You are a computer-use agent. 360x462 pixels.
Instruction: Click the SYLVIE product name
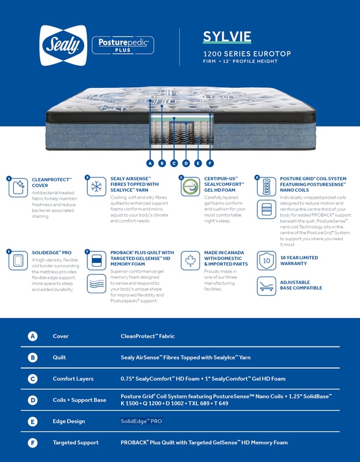tap(227, 37)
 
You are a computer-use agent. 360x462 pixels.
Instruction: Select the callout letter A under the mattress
tap(150, 163)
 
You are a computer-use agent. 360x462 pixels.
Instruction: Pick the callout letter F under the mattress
tap(209, 163)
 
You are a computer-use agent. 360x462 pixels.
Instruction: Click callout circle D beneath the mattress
tap(185, 163)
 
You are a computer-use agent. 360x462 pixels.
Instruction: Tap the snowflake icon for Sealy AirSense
tap(97, 187)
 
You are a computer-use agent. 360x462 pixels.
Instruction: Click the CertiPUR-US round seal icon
tap(190, 187)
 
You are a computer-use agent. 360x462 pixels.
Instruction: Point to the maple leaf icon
tap(190, 260)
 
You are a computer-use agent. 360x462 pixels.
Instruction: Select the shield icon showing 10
tap(266, 260)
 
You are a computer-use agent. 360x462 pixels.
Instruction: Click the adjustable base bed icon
tap(266, 284)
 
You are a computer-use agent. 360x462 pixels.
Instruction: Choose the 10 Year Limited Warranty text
tap(299, 260)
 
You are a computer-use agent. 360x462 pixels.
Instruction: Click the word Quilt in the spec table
tap(60, 357)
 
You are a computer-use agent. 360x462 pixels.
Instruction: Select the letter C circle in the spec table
tap(33, 379)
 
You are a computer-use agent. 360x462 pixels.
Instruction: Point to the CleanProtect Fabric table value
tap(147, 336)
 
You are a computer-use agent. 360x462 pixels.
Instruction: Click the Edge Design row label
tap(68, 421)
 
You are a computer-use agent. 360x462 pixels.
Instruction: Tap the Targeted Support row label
tap(75, 442)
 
